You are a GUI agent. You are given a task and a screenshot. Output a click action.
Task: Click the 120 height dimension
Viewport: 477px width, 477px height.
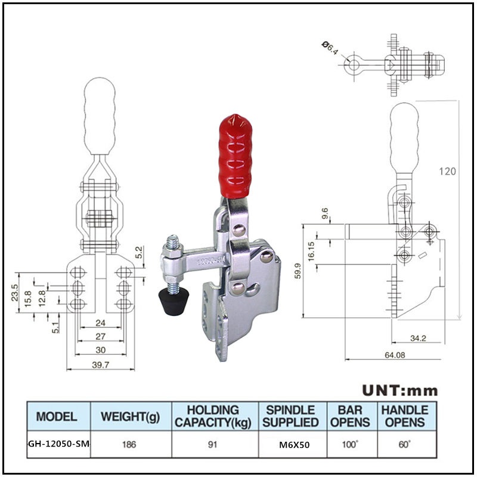pos(448,171)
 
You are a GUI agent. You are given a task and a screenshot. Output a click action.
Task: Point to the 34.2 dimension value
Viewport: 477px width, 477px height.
pos(419,338)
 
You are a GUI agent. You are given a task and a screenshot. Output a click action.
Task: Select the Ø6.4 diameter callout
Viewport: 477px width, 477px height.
pos(330,48)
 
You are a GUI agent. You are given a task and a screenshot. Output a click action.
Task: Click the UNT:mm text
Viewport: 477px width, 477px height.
pos(400,391)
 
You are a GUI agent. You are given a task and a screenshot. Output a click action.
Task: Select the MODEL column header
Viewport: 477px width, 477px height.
pos(57,416)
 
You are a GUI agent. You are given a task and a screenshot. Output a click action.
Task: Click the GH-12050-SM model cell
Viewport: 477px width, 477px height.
pos(58,445)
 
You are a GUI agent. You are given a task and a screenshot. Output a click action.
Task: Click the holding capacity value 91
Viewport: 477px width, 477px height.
pos(213,445)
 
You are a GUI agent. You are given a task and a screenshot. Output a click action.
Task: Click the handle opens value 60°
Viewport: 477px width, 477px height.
pos(404,445)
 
